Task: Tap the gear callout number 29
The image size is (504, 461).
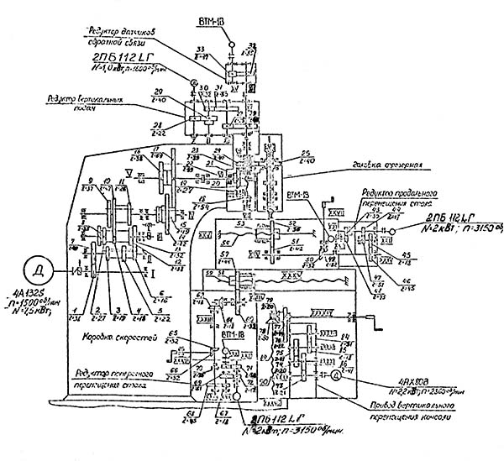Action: click(x=158, y=93)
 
